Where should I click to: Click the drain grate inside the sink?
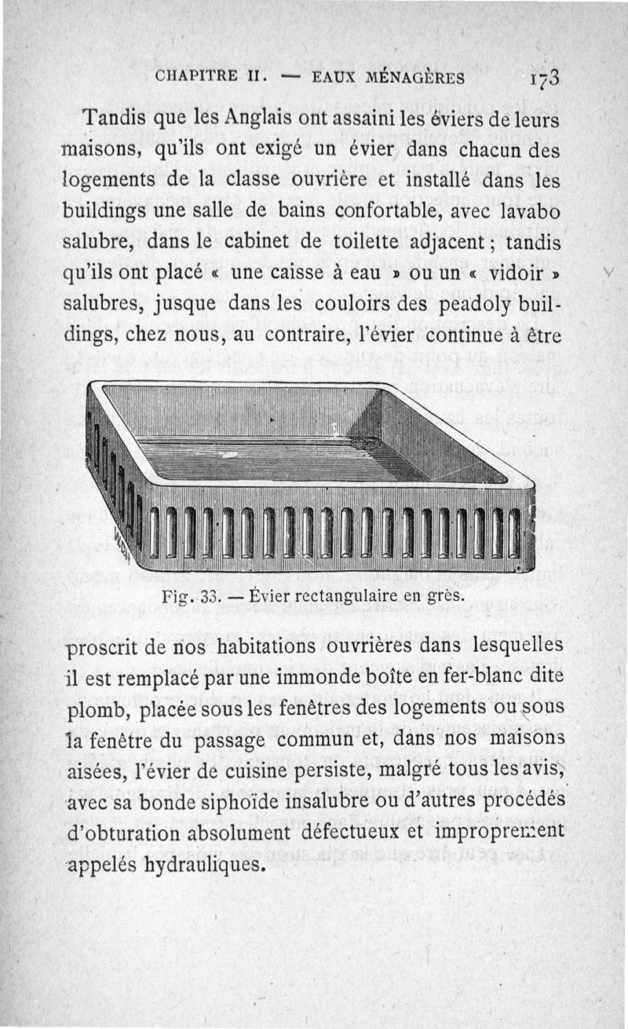tap(366, 444)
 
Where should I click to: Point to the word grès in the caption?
tap(444, 596)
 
